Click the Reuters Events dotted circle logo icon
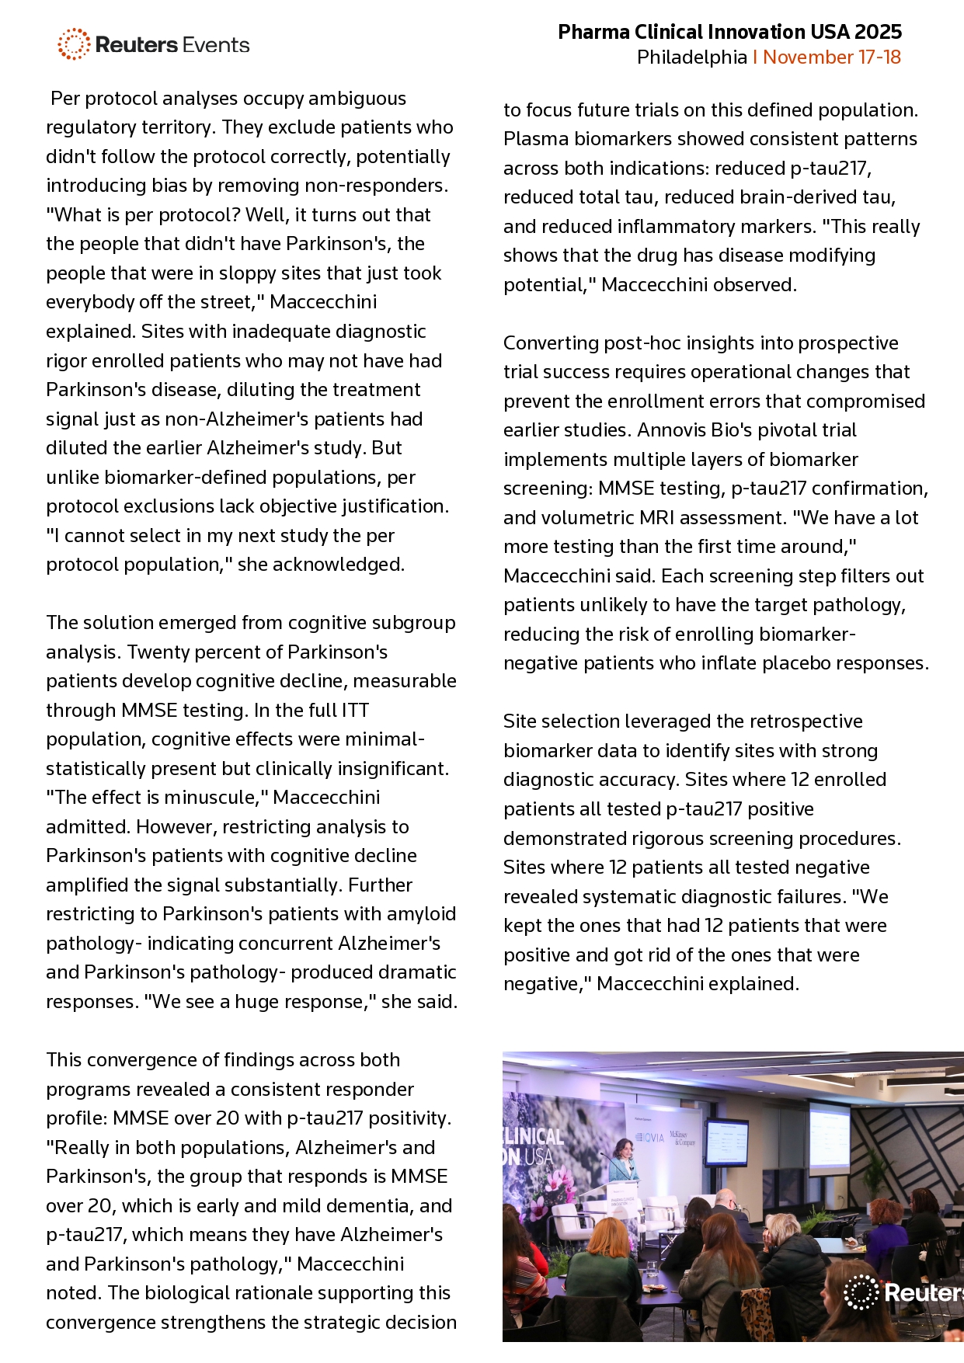pyautogui.click(x=74, y=44)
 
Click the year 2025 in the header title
pyautogui.click(x=878, y=32)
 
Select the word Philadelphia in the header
pyautogui.click(x=691, y=57)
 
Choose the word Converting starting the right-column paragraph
pyautogui.click(x=548, y=343)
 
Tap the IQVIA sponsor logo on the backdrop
pyautogui.click(x=650, y=1137)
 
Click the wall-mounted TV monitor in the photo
pyautogui.click(x=726, y=1142)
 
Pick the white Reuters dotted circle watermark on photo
pyautogui.click(x=861, y=1292)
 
